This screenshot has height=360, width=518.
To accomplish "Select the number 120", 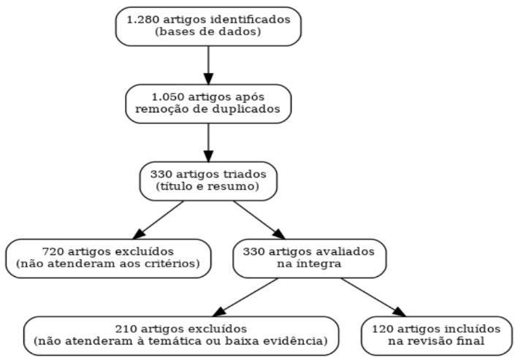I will pyautogui.click(x=382, y=329).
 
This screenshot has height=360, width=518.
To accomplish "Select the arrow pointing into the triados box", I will pyautogui.click(x=208, y=142).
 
